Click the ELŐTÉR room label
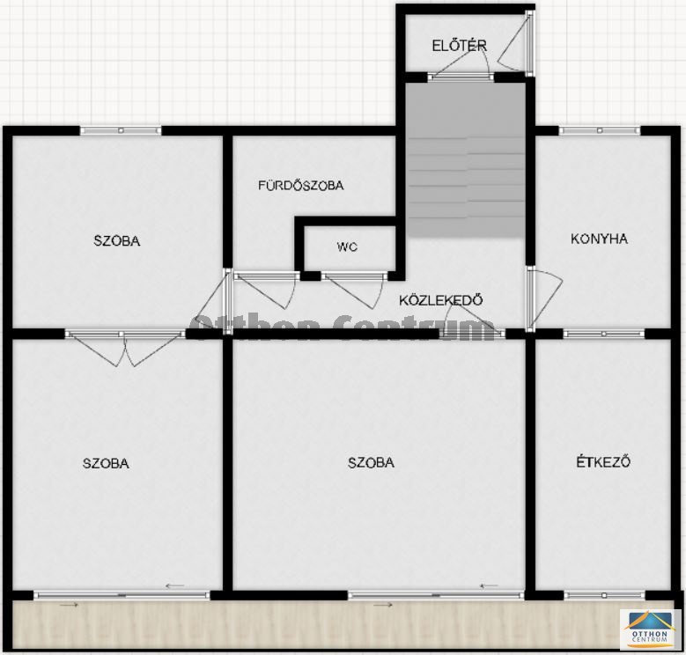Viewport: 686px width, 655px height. point(459,46)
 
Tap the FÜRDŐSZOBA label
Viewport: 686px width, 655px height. point(301,186)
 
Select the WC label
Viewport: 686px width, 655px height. point(347,247)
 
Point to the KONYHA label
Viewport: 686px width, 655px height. point(599,239)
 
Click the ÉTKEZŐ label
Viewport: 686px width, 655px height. point(603,461)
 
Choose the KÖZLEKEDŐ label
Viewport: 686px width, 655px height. point(441,300)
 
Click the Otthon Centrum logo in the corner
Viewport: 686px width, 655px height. point(650,629)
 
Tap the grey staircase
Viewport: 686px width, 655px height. point(467,160)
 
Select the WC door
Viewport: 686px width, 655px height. point(354,289)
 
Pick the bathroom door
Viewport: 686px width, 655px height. point(266,289)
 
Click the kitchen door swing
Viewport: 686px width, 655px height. point(545,299)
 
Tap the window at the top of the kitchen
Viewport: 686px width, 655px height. point(600,130)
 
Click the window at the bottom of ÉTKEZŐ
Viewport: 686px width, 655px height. point(604,595)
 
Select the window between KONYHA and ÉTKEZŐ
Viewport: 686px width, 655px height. point(604,334)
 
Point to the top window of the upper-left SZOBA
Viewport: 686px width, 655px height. point(121,130)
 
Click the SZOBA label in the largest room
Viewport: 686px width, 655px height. point(371,462)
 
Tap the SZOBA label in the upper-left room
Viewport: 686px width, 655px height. point(117,241)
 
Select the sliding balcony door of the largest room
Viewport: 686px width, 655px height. point(436,595)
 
